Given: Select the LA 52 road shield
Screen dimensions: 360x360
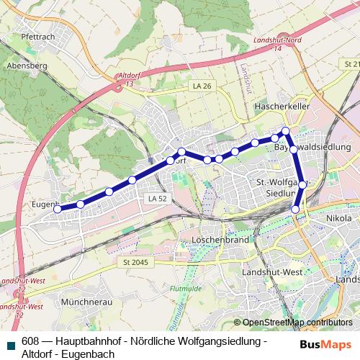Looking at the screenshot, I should [x=155, y=198].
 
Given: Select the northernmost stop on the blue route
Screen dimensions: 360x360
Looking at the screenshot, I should [x=285, y=131].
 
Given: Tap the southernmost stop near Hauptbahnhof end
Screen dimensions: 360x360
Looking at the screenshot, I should [x=295, y=209].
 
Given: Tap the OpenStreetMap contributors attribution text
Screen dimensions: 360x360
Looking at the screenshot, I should [x=297, y=323].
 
